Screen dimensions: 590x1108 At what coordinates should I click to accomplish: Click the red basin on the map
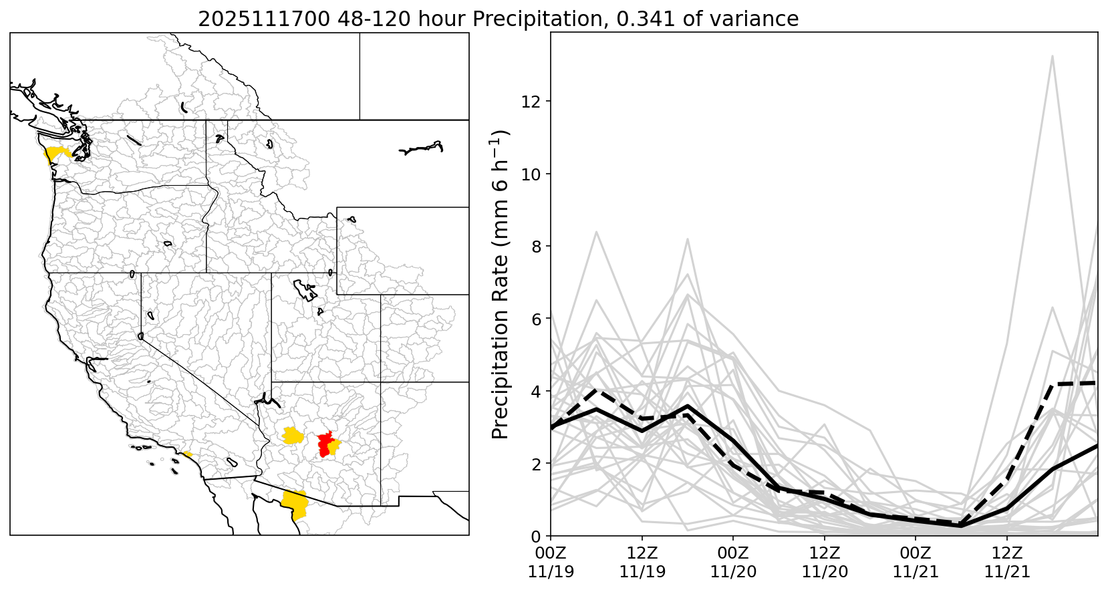[x=325, y=444]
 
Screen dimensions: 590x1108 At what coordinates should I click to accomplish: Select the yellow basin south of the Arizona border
[x=294, y=504]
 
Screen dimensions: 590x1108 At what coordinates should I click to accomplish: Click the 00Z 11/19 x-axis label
[x=551, y=563]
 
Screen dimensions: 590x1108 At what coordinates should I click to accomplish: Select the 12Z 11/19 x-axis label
[x=642, y=563]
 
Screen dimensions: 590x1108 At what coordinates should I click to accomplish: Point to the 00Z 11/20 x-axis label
[x=733, y=563]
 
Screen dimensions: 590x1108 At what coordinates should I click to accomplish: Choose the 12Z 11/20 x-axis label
[x=825, y=563]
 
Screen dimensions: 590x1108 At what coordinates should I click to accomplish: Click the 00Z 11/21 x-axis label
[x=916, y=563]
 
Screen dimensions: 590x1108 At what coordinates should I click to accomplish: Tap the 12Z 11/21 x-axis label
[x=1007, y=563]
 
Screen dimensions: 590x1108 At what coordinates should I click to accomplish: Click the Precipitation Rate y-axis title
[x=501, y=284]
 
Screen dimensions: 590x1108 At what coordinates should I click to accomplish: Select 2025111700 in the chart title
[x=263, y=19]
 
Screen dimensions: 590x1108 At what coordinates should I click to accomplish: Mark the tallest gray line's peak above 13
[x=1053, y=56]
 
